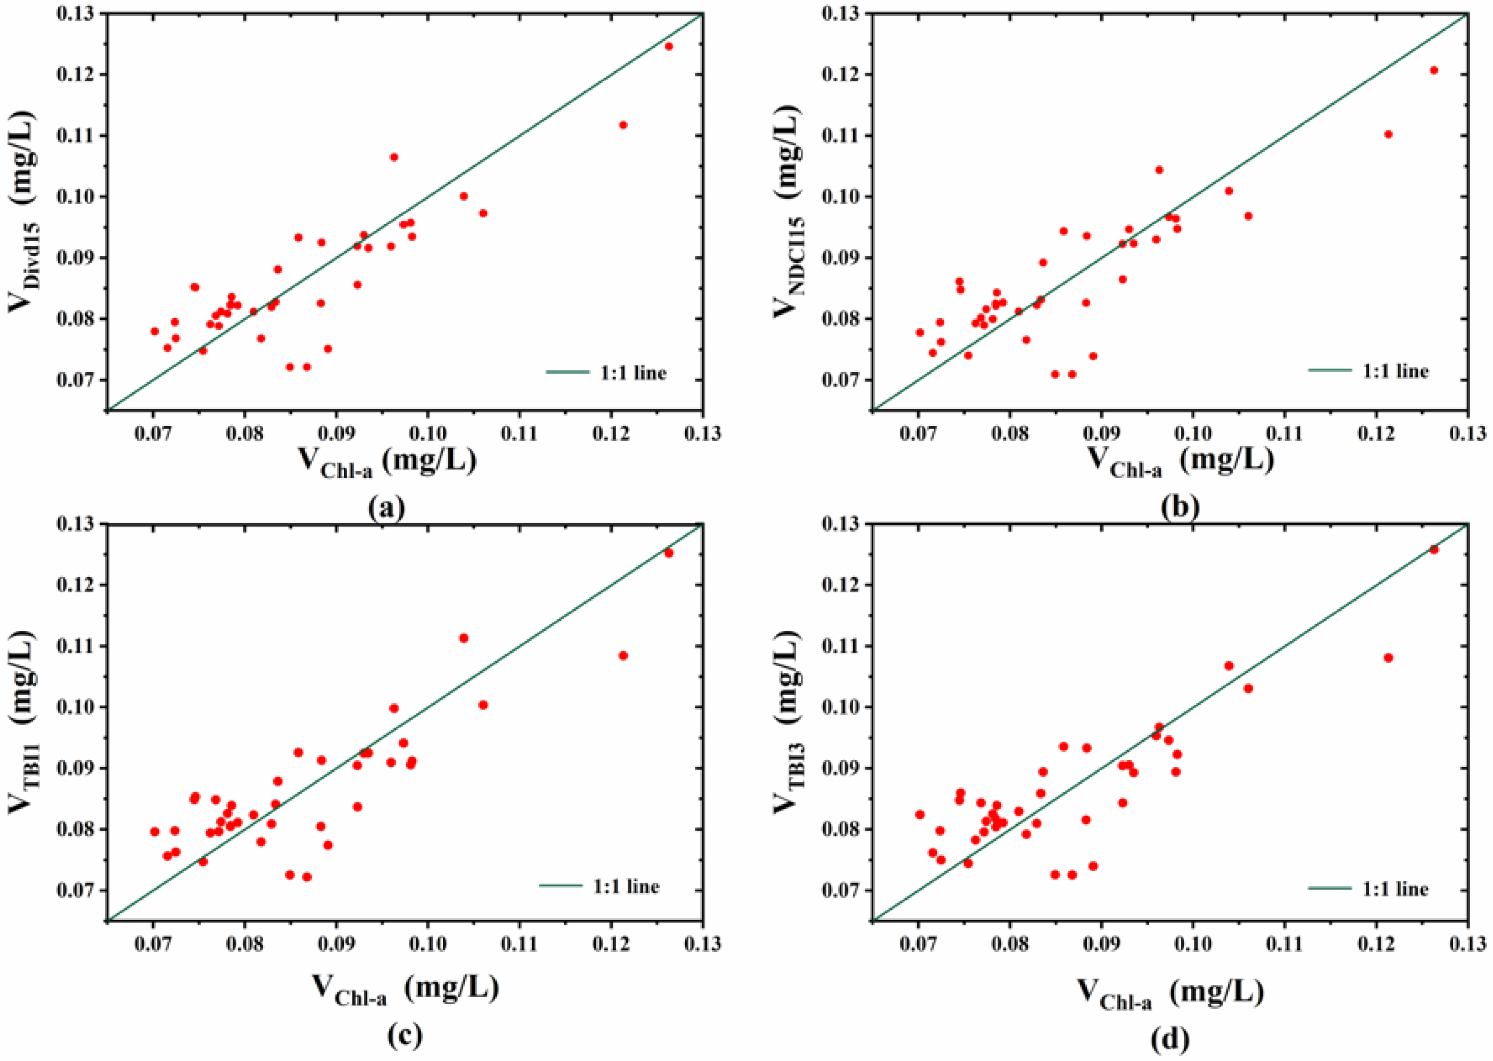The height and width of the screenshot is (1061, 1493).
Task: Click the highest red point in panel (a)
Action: [x=668, y=46]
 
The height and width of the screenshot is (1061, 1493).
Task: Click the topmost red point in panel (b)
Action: [x=1434, y=70]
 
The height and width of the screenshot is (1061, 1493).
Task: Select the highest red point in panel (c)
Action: [x=668, y=553]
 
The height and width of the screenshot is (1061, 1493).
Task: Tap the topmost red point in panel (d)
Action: [x=1434, y=550]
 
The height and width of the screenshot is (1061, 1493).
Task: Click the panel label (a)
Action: [x=387, y=508]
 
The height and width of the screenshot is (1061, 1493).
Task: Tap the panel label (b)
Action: [x=1180, y=508]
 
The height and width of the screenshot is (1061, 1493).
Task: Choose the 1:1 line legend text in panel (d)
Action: [x=1395, y=889]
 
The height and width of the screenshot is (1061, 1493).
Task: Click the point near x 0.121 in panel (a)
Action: [x=623, y=125]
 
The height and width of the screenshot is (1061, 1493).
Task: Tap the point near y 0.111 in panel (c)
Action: [x=463, y=638]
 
